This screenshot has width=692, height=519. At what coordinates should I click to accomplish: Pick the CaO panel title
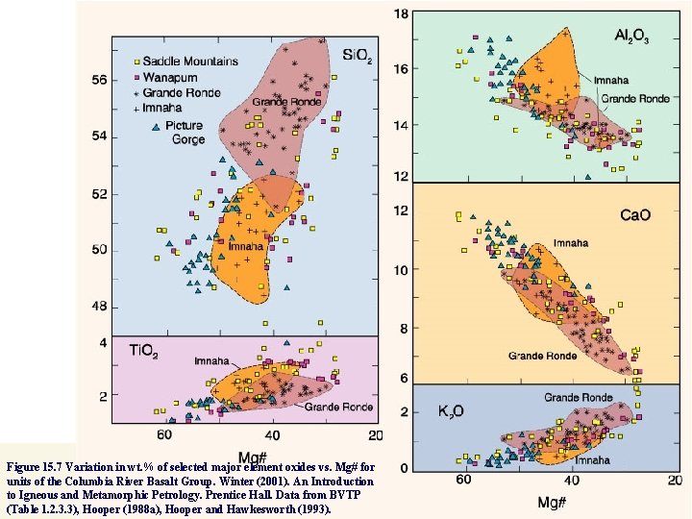point(634,214)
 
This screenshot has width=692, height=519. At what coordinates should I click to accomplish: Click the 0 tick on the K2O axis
point(405,468)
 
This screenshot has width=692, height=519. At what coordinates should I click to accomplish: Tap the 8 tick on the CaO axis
point(405,329)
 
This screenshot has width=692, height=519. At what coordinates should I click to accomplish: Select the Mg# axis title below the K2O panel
point(552,502)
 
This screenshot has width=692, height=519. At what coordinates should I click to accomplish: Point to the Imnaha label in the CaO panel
point(570,243)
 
